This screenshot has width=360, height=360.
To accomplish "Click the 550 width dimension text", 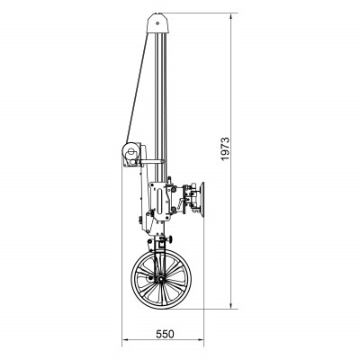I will (163, 333).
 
